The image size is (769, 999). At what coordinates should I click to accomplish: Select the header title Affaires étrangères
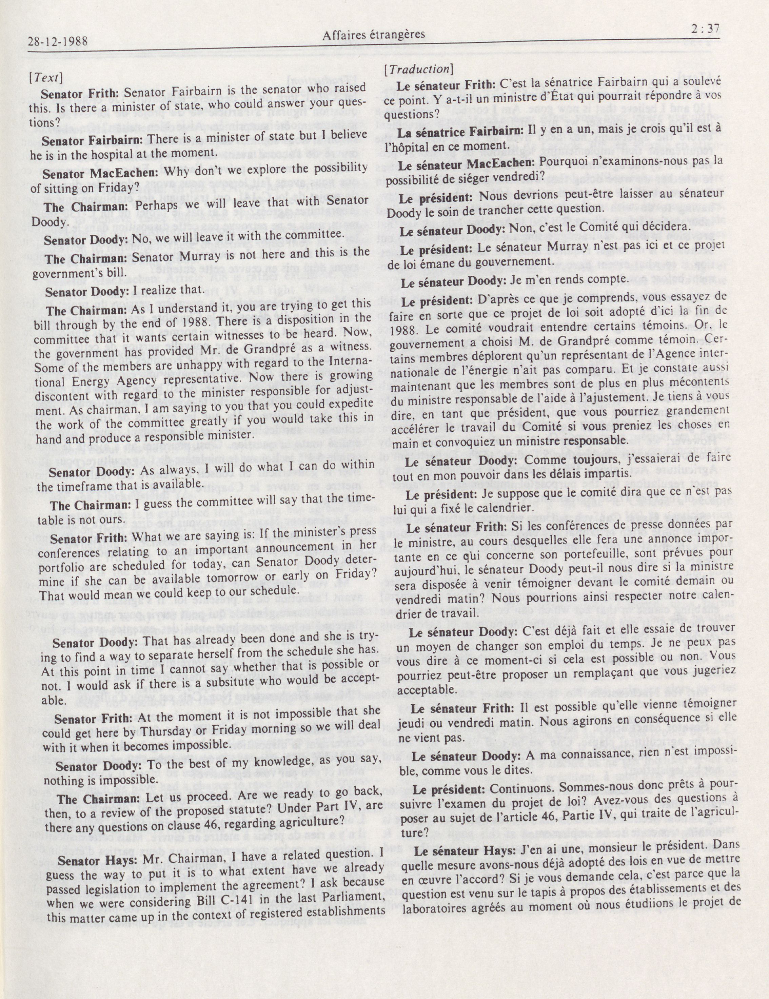click(x=374, y=34)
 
